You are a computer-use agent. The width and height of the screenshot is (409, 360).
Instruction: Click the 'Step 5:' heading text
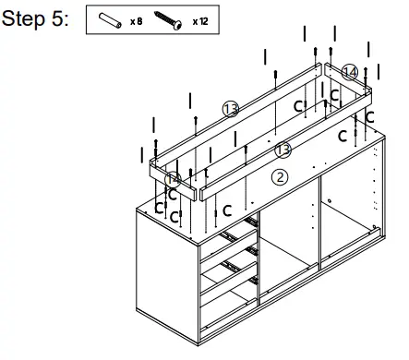coord(36,20)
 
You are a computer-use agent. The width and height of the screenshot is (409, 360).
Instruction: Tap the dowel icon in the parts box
coord(109,20)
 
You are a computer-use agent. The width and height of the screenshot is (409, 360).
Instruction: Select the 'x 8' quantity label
coord(135,20)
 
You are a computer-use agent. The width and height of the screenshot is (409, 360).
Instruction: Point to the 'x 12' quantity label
coord(199,20)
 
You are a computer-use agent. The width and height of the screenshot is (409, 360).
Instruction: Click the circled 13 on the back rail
coord(230,109)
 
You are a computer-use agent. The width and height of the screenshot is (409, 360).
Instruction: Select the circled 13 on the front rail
coord(284,149)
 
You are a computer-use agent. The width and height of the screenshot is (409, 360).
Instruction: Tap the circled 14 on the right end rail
coord(349,71)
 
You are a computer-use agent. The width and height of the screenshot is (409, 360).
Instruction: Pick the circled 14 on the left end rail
coord(173,179)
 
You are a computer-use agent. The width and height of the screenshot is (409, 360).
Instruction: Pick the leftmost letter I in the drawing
coord(141,156)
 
